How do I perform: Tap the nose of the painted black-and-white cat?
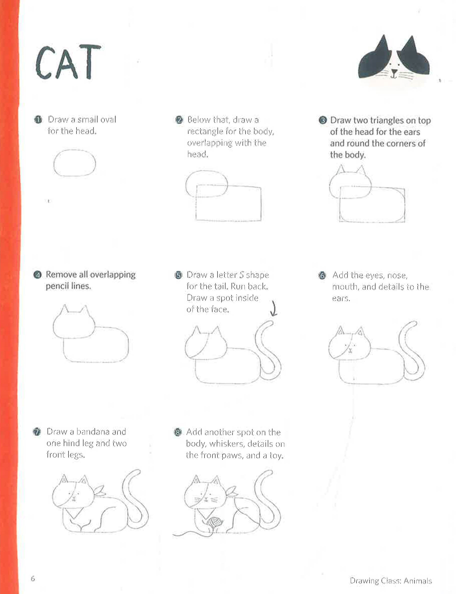pyautogui.click(x=394, y=72)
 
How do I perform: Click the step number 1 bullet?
pyautogui.click(x=38, y=119)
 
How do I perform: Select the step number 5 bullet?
pyautogui.click(x=178, y=275)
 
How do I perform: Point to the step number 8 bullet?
pyautogui.click(x=177, y=432)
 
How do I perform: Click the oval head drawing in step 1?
pyautogui.click(x=75, y=163)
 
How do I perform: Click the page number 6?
pyautogui.click(x=33, y=579)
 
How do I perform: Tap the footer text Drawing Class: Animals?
pyautogui.click(x=390, y=581)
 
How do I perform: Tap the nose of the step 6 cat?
pyautogui.click(x=350, y=349)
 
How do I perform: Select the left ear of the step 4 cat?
pyautogui.click(x=64, y=310)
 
